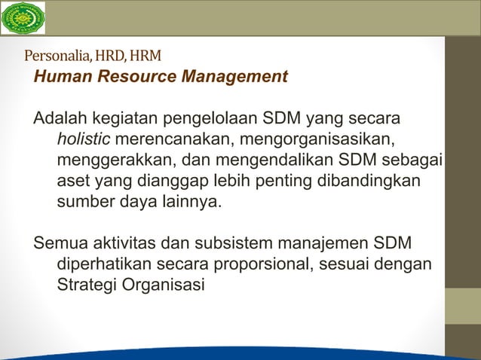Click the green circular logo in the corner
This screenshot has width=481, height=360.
click(23, 18)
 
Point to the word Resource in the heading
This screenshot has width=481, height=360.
click(130, 77)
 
